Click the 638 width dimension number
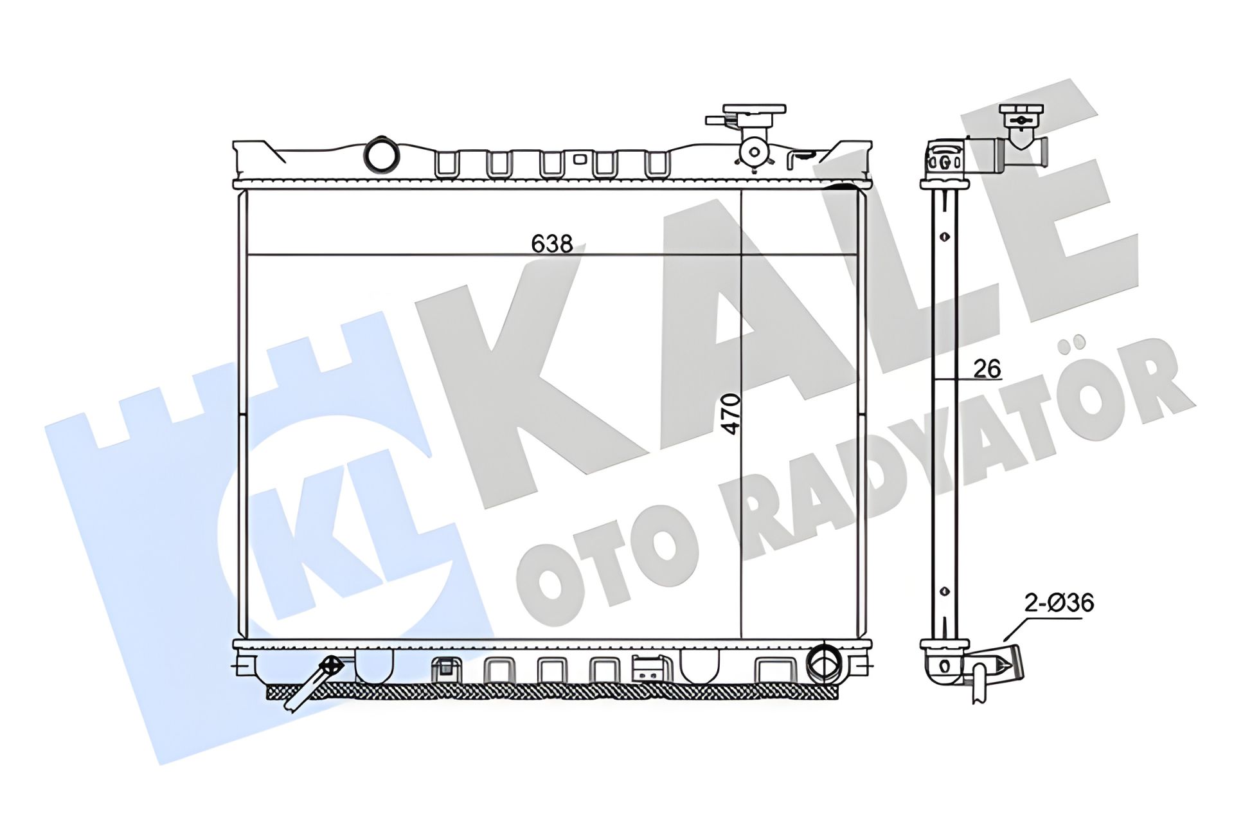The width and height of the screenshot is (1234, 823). pyautogui.click(x=552, y=244)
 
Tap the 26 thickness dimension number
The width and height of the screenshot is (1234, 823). pyautogui.click(x=987, y=368)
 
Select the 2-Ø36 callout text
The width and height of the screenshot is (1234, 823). pyautogui.click(x=1059, y=603)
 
